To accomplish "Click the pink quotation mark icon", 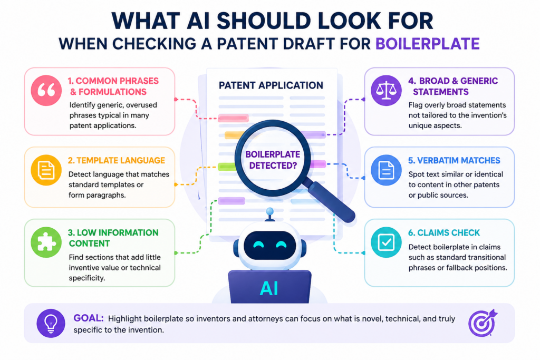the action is click(x=46, y=90).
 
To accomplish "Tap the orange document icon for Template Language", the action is click(x=46, y=170).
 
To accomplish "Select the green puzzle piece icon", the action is click(x=46, y=242).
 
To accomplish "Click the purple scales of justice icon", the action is click(x=386, y=90).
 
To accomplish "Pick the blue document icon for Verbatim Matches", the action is click(x=386, y=170).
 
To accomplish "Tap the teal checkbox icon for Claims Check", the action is click(x=386, y=242).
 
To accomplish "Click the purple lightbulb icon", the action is click(x=51, y=323).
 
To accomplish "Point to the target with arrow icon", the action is click(x=483, y=323).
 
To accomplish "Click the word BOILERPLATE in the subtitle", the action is click(x=427, y=44).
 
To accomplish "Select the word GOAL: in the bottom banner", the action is click(x=89, y=318).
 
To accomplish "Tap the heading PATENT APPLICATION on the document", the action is click(x=271, y=85).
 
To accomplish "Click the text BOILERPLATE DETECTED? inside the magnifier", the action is click(x=273, y=160).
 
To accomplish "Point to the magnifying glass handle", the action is click(x=331, y=201).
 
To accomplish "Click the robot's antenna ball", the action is click(x=270, y=211).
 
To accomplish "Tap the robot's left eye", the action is click(x=258, y=245).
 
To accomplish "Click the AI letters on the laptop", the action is click(x=269, y=288).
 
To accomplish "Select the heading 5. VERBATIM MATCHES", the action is click(x=454, y=160).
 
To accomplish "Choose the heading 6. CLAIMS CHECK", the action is click(x=444, y=232).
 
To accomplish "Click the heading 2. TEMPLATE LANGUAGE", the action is click(x=117, y=160).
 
